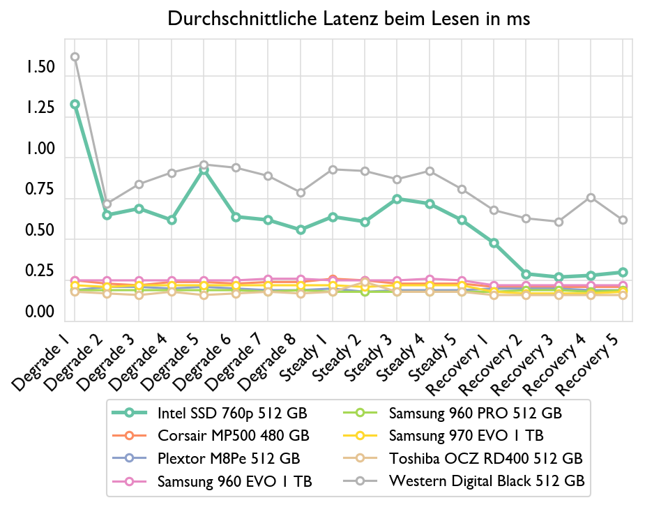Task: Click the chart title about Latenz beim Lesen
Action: point(349,19)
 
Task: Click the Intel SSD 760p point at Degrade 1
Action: point(75,104)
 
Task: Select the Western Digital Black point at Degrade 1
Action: point(75,56)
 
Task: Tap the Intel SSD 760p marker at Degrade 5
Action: point(204,169)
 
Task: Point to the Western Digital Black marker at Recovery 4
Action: point(591,197)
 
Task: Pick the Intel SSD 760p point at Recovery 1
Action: point(494,243)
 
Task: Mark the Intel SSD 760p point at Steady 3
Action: point(397,199)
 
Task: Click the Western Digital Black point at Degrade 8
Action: point(301,192)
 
